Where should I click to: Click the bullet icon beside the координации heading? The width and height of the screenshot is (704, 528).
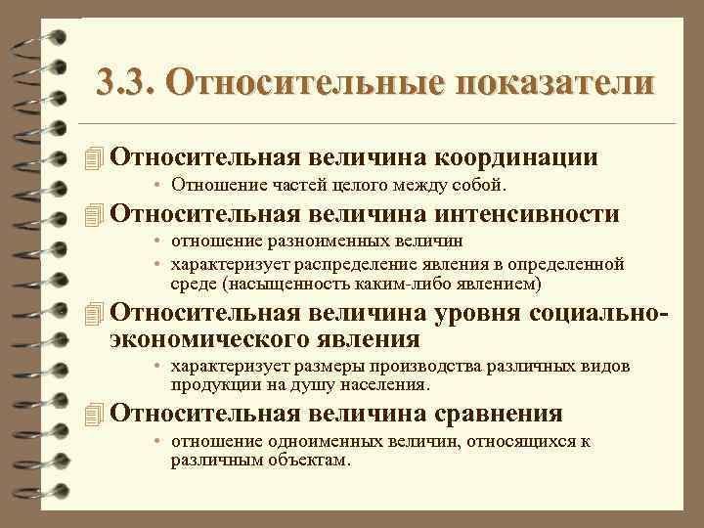click(x=94, y=157)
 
